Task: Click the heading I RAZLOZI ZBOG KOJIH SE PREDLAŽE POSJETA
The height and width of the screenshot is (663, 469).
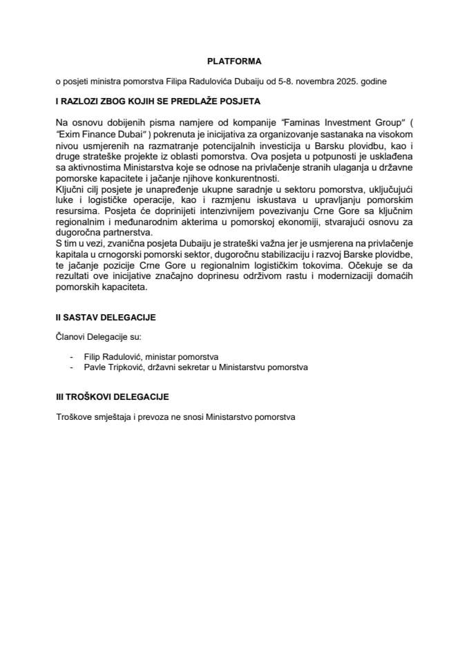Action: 157,101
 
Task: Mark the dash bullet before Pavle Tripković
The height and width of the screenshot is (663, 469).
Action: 73,367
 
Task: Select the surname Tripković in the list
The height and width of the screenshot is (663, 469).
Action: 129,367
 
